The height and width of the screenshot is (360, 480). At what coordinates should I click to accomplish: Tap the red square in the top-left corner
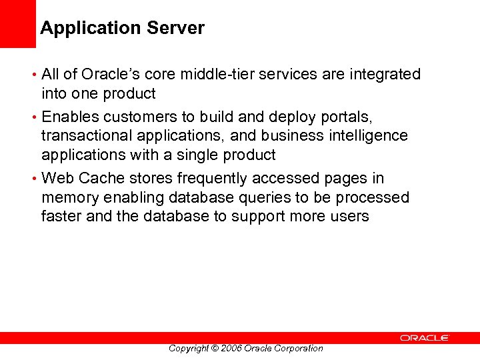click(17, 24)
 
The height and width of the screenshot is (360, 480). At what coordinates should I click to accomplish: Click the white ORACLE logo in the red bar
click(425, 338)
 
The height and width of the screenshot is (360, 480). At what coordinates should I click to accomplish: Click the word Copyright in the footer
click(189, 348)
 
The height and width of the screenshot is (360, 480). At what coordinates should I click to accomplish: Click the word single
click(200, 155)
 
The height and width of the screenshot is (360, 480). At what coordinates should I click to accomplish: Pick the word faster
click(61, 216)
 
